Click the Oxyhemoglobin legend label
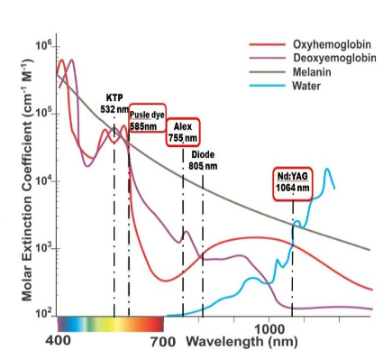tap(332, 44)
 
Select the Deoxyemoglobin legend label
tap(334, 58)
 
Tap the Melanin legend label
tap(312, 72)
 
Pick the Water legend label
tap(306, 86)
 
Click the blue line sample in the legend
tap(267, 86)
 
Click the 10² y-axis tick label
tap(44, 314)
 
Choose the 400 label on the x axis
tap(59, 340)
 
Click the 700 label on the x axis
tap(163, 342)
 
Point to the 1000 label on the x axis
tap(269, 329)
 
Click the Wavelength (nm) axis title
tap(242, 342)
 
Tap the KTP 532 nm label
tap(114, 104)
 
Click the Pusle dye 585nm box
tap(148, 117)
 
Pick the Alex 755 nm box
tap(183, 133)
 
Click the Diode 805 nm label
tap(203, 161)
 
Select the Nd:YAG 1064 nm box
tap(293, 183)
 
